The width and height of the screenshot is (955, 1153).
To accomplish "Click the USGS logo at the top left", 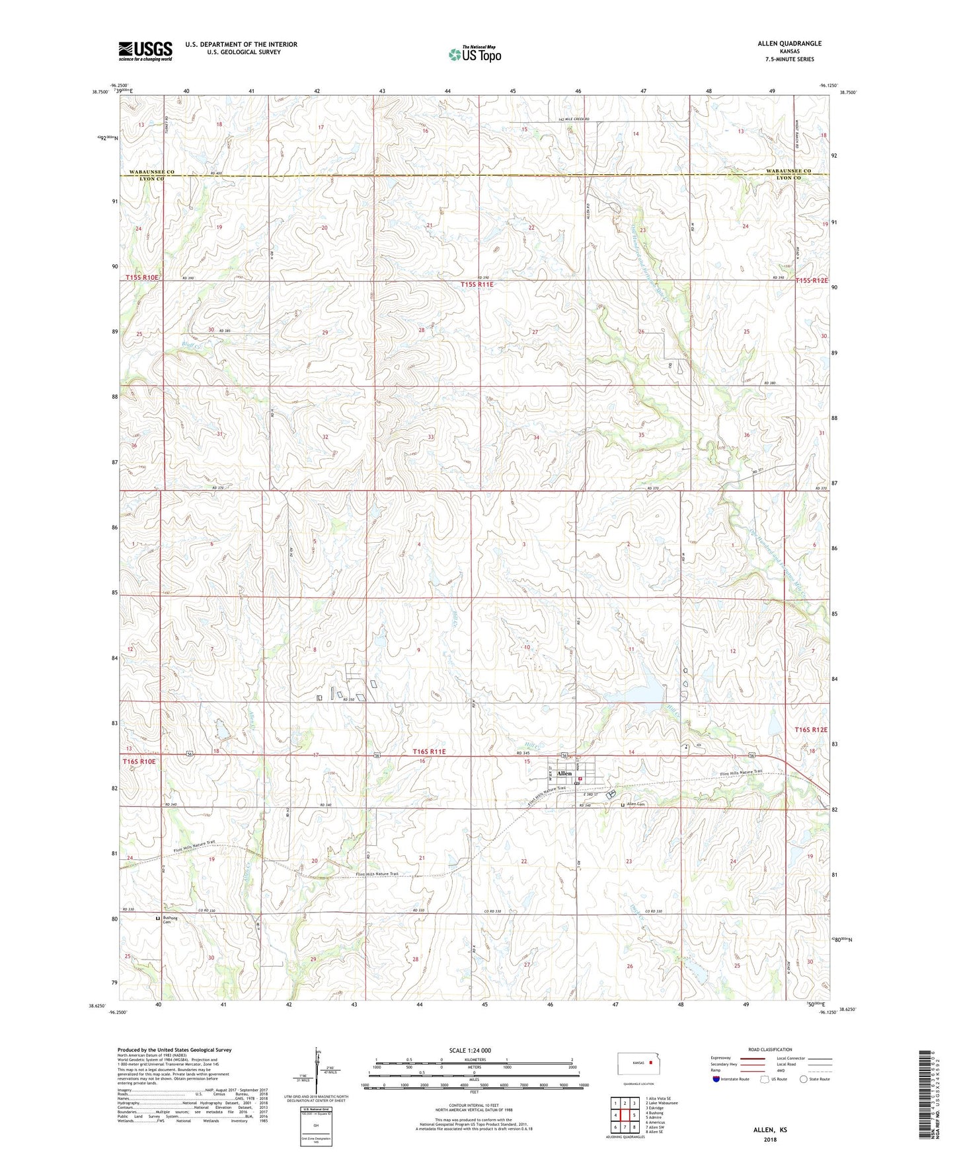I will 145,51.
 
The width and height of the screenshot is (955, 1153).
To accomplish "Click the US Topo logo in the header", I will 475,54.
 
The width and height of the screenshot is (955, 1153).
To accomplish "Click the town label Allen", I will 564,773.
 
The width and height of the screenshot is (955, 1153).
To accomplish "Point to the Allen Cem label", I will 635,804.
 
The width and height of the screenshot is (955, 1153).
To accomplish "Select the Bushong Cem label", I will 171,921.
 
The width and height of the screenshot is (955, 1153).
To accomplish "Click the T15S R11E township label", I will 477,285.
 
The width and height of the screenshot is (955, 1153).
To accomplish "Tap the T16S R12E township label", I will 810,730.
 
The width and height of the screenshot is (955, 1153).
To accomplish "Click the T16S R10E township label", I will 139,761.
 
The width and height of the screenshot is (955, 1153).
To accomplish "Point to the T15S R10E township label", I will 142,278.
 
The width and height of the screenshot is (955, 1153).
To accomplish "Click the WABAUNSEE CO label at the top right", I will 788,171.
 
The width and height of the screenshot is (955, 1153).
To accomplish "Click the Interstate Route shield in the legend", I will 715,1079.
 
